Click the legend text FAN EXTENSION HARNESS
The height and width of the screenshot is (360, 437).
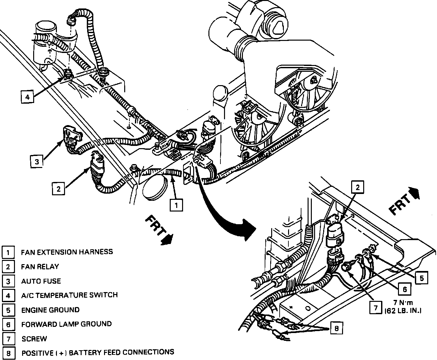[67, 252]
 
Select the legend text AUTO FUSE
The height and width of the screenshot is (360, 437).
[41, 281]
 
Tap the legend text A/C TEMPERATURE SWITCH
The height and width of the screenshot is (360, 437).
[69, 295]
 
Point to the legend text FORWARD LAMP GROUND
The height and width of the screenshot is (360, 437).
[66, 324]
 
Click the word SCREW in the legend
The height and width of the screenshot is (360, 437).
[34, 339]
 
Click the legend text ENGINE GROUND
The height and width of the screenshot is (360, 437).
[50, 310]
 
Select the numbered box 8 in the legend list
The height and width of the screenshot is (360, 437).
[8, 353]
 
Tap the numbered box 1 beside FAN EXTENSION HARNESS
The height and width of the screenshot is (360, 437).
[8, 252]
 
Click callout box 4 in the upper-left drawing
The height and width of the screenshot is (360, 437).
[28, 97]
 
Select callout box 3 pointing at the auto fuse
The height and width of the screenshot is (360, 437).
[37, 161]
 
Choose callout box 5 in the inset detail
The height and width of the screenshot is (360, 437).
[421, 278]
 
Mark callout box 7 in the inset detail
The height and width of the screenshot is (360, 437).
[376, 307]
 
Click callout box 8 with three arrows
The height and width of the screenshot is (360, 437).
[336, 328]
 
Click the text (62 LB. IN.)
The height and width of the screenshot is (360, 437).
[403, 311]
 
